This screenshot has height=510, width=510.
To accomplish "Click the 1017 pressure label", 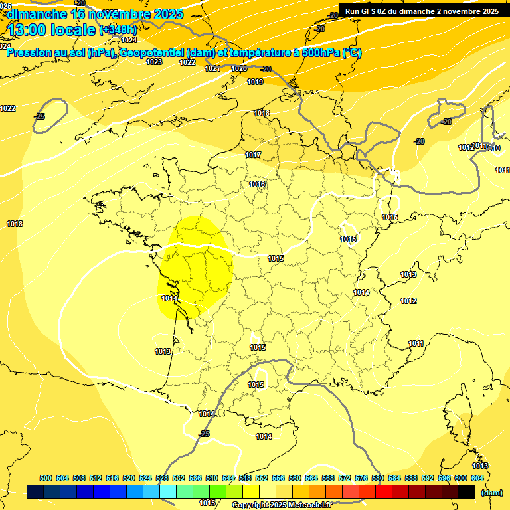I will click(x=253, y=155).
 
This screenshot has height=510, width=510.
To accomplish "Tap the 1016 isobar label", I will click(x=258, y=184).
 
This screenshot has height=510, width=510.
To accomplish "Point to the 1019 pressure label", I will click(x=255, y=82).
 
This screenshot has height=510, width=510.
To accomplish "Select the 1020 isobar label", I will click(x=239, y=69).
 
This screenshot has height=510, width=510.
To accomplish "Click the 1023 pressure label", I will click(x=154, y=62).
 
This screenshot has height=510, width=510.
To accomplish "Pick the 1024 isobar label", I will click(x=129, y=41).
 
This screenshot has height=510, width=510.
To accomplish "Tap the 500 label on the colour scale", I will click(x=46, y=478).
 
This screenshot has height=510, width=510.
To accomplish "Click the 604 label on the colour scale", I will click(x=477, y=478).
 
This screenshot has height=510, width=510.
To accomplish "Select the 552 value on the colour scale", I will click(x=262, y=478).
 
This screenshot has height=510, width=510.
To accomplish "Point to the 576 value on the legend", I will click(x=361, y=478).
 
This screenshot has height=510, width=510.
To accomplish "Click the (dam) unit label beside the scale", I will click(x=491, y=492).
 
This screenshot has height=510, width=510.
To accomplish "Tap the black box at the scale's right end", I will click(x=467, y=492).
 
